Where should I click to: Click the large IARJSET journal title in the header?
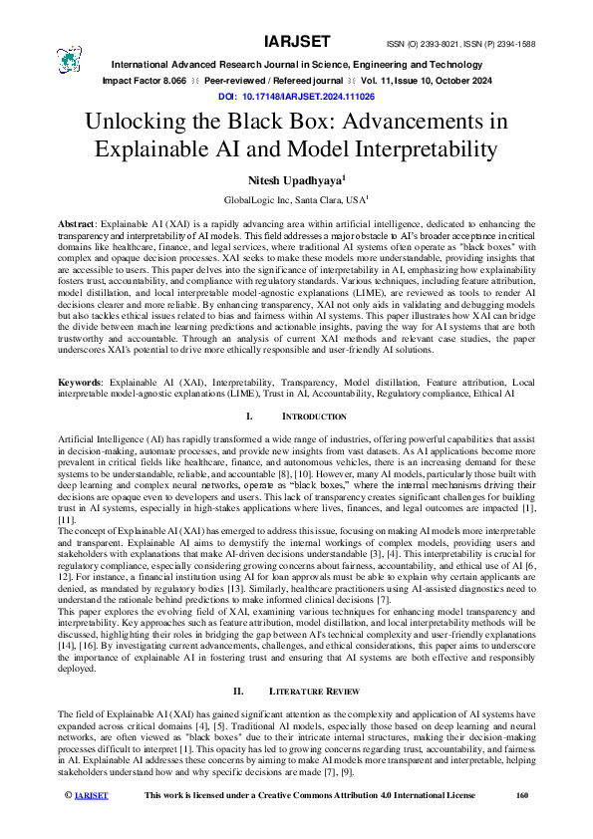(296, 43)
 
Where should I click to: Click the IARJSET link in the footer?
(64, 823)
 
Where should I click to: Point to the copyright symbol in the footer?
(40, 823)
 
